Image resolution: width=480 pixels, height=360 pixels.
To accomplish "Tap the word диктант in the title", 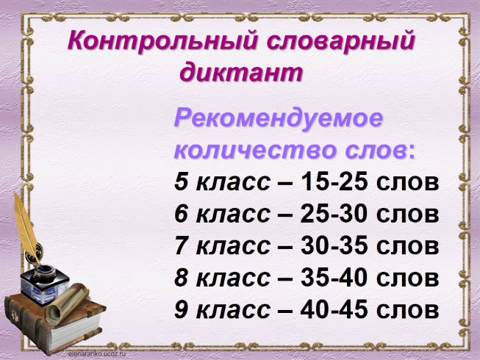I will pyautogui.click(x=241, y=72).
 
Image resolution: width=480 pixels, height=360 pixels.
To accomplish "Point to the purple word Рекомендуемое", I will pyautogui.click(x=279, y=118).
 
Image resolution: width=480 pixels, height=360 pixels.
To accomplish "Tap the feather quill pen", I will pyautogui.click(x=25, y=228).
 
